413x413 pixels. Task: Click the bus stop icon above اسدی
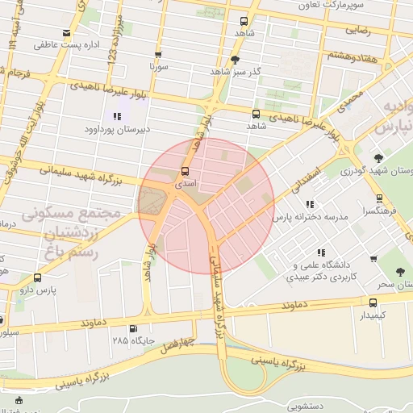[x=186, y=171]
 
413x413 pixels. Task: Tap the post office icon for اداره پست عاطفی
[x=65, y=35]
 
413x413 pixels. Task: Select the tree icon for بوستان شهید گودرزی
[x=378, y=158]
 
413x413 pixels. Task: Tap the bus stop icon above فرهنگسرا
[x=379, y=198]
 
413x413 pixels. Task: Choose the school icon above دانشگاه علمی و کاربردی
[x=322, y=252]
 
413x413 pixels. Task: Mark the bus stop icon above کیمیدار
[x=371, y=302]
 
